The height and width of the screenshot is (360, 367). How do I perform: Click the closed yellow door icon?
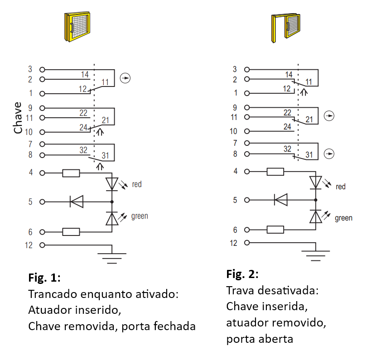(x=77, y=27)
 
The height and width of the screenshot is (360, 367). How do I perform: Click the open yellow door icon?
(x=286, y=28)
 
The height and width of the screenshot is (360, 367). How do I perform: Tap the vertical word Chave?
(x=18, y=118)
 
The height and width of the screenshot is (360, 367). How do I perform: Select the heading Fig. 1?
(x=44, y=278)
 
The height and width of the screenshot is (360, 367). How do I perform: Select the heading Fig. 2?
(x=242, y=274)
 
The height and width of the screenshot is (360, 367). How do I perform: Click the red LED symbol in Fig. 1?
(x=112, y=184)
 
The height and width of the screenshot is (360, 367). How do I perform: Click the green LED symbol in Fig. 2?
(x=315, y=216)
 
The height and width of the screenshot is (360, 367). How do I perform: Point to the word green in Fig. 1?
(x=140, y=216)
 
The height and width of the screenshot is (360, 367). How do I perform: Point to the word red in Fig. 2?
(x=341, y=187)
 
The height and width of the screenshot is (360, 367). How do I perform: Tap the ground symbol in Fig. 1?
(x=112, y=258)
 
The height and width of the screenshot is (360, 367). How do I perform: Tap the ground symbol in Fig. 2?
(x=315, y=255)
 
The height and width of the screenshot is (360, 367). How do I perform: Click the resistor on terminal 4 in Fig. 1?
(x=71, y=173)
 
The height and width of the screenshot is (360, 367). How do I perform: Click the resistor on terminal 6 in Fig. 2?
(x=275, y=230)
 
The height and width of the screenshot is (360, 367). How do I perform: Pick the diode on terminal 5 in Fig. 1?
(x=77, y=202)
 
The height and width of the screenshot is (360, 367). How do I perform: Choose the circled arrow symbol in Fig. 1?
(x=125, y=78)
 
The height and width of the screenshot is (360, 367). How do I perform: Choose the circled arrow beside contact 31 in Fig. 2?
(x=329, y=154)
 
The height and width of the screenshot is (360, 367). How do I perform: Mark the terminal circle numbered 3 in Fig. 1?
(x=42, y=69)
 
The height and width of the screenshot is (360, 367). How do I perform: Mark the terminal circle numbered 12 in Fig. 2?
(x=246, y=243)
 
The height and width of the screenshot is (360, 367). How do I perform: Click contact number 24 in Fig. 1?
(x=83, y=128)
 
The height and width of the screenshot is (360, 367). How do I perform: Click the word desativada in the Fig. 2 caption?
(x=288, y=291)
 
